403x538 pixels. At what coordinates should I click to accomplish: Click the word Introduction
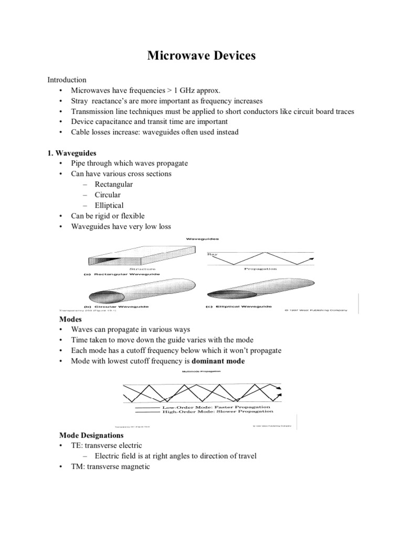pyautogui.click(x=67, y=79)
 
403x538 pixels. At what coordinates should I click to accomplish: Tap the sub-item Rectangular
pyautogui.click(x=114, y=184)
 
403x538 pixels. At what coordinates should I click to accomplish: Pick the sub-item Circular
pyautogui.click(x=108, y=195)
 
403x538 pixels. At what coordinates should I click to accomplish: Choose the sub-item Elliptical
pyautogui.click(x=109, y=205)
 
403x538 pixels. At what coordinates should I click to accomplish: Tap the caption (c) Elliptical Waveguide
pyautogui.click(x=239, y=306)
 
